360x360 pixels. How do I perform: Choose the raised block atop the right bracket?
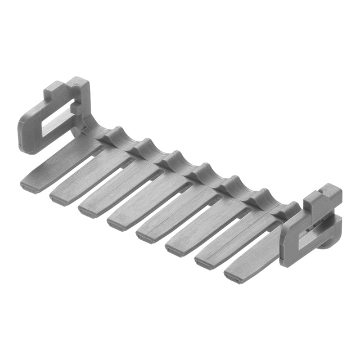pos(318,197)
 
